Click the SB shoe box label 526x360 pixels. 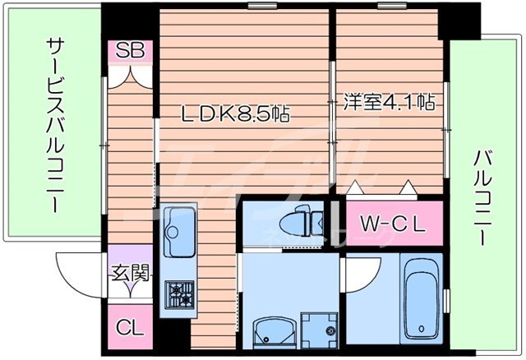click(129, 52)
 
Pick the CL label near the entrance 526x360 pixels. click(129, 326)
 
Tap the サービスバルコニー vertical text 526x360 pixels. click(55, 123)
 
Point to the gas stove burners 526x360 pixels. click(180, 293)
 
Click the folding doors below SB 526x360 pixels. click(129, 76)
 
